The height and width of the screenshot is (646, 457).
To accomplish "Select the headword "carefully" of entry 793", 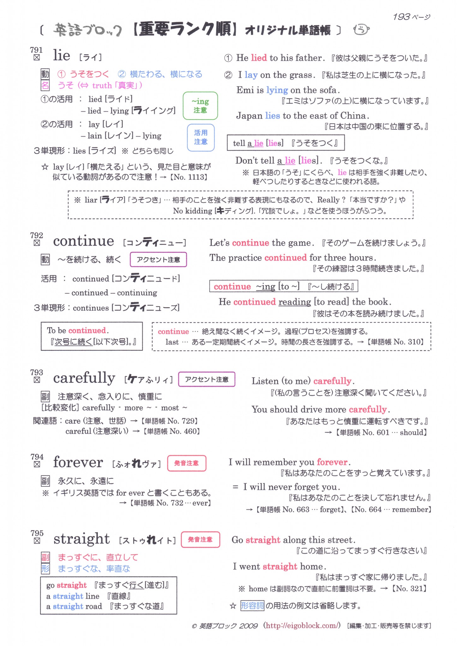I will point(84,378).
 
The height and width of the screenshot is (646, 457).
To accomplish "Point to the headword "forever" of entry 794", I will point(78,463).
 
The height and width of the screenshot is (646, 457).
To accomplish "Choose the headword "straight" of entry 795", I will point(81,539).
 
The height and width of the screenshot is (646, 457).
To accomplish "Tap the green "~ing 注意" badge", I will point(200,106).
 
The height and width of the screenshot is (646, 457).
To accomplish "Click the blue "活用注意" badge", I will point(201,137).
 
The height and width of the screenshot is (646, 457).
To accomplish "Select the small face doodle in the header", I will point(361,30).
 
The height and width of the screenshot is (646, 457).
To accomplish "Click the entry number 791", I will point(36,50).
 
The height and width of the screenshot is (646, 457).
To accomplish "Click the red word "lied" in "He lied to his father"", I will point(259,58).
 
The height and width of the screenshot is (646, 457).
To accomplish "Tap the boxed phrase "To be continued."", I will point(78,331).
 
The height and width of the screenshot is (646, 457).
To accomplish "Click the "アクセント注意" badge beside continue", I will point(158,260).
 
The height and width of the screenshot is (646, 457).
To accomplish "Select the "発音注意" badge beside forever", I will point(187,463).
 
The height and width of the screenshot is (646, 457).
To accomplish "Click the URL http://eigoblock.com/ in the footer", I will point(303,625).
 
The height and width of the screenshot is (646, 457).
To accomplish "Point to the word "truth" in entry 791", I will point(102,85).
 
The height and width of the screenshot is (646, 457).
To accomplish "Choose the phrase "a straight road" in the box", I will point(74,606).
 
